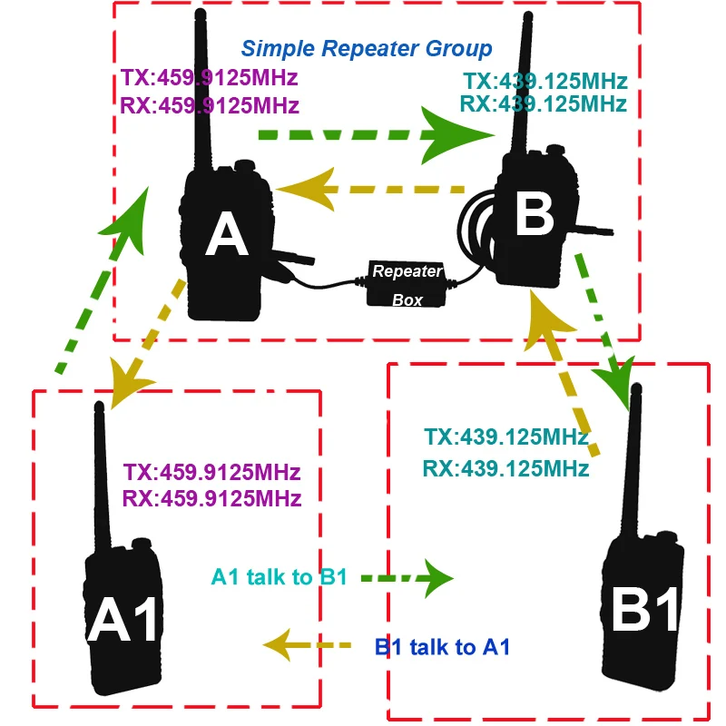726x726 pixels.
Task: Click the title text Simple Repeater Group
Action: [x=367, y=49]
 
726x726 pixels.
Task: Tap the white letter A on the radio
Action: [x=226, y=234]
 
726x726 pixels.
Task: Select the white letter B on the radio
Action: [x=535, y=214]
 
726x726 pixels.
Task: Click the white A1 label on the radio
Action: [x=122, y=619]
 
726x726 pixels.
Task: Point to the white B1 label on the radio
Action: [x=644, y=608]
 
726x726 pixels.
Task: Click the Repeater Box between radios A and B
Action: [x=407, y=285]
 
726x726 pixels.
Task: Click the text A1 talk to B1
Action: [x=279, y=577]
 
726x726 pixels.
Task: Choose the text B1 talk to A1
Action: [x=442, y=647]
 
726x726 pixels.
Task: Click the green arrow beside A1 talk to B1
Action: [x=407, y=578]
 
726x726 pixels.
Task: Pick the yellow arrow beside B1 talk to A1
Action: [x=307, y=644]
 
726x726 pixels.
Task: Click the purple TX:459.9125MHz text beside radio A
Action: [x=209, y=77]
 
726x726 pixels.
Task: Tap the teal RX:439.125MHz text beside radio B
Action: [x=543, y=103]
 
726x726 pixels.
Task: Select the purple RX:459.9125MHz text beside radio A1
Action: [x=211, y=498]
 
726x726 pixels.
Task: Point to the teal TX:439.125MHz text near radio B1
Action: [x=506, y=437]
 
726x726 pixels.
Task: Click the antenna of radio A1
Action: [x=103, y=477]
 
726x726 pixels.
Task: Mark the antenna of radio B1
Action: [x=632, y=461]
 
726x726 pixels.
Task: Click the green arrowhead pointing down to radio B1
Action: [x=616, y=382]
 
